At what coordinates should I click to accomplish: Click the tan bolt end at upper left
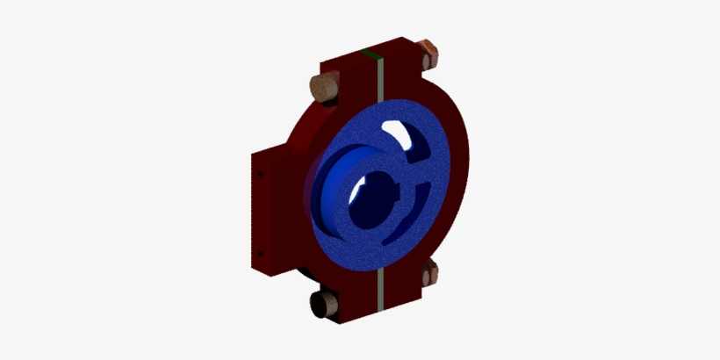[322, 88]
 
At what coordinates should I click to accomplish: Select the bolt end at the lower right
[429, 273]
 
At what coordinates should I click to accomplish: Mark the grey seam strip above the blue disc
[377, 83]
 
